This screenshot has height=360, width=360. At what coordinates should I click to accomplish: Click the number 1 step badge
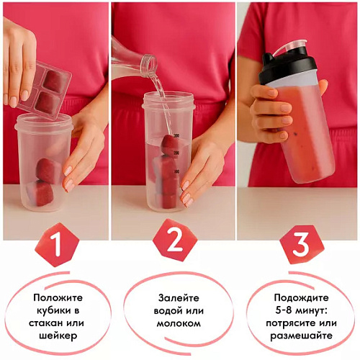(x=57, y=245)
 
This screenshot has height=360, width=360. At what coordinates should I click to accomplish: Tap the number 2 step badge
(x=175, y=240)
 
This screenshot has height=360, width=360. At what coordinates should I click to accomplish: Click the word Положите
(x=58, y=298)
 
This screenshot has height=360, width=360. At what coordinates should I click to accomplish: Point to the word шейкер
(x=58, y=336)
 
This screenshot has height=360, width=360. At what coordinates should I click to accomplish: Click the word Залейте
(x=179, y=298)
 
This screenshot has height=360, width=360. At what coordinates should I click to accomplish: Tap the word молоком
(x=179, y=323)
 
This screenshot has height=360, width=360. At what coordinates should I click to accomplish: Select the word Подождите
(x=302, y=298)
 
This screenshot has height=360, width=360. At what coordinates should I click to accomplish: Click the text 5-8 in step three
(x=284, y=310)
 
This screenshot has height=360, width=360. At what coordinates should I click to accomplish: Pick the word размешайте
(x=302, y=336)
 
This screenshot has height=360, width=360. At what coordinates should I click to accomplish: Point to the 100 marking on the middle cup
(x=177, y=172)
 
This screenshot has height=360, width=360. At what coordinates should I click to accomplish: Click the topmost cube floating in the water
(x=170, y=145)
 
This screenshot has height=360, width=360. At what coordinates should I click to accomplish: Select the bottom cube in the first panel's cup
(x=41, y=193)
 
